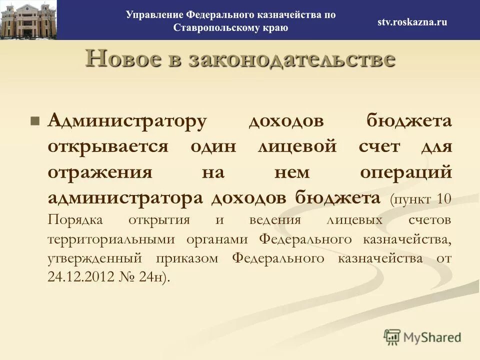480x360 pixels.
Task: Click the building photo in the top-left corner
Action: (28, 20)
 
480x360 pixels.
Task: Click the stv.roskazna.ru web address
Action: (412, 21)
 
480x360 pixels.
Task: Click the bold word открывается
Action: (108, 147)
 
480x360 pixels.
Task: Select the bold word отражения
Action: (100, 172)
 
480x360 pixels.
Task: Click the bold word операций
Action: (405, 172)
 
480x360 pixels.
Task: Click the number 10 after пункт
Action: (443, 199)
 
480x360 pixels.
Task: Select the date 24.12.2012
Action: (81, 277)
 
